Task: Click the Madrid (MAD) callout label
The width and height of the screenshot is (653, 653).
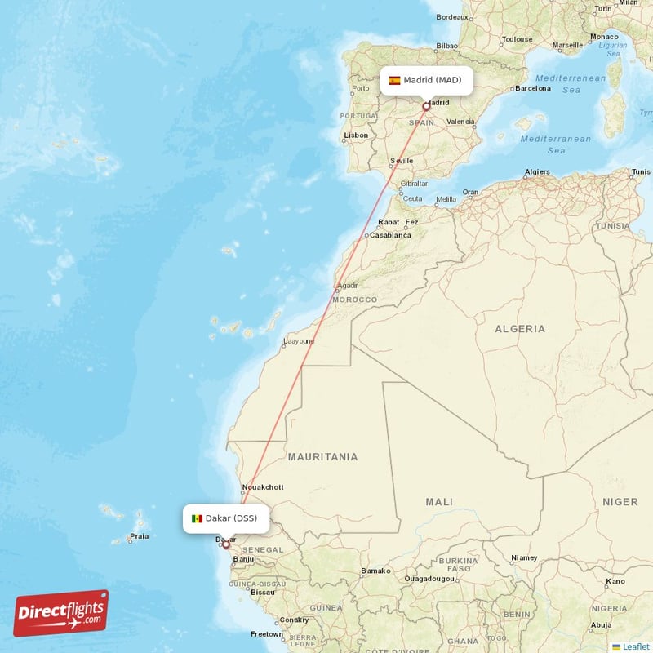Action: point(426,80)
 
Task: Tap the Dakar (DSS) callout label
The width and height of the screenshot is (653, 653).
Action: point(225,518)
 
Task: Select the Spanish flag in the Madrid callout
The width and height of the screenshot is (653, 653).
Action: point(395,80)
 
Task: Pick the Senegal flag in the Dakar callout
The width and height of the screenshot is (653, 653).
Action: point(197,518)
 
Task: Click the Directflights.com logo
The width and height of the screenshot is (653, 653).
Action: point(61,613)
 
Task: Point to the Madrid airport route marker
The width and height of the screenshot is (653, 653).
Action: point(426,106)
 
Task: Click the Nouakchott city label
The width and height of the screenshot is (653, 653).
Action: point(263,488)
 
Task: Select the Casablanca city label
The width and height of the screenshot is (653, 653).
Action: point(391,235)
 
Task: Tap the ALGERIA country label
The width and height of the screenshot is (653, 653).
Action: point(520,329)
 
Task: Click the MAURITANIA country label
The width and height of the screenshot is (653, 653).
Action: point(322,457)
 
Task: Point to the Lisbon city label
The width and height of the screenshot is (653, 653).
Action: point(356,135)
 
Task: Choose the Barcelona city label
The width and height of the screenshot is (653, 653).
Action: point(532,88)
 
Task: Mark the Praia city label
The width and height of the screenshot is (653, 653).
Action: point(139,537)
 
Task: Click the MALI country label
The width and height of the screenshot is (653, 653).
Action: point(439,501)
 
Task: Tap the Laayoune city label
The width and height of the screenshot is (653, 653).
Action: point(297,341)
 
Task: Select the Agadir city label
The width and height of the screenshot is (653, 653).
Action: point(347,286)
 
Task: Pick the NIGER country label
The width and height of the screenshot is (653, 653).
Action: point(620,501)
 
